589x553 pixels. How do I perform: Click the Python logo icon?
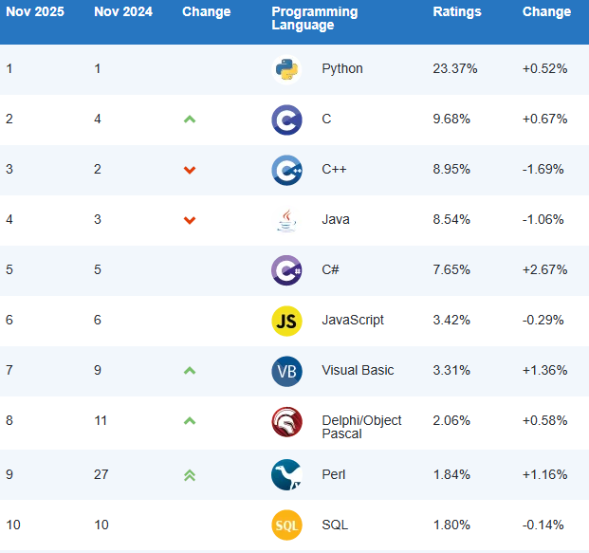point(286,69)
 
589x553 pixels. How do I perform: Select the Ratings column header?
point(457,12)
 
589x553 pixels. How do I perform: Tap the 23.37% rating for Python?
point(455,69)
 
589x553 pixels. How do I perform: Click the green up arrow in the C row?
point(190,120)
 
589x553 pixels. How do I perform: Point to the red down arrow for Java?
point(190,220)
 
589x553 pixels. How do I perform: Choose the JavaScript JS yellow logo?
point(286,321)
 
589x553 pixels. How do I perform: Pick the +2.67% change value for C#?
point(544,269)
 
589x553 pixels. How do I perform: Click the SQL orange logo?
point(286,525)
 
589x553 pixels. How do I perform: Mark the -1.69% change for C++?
point(543,170)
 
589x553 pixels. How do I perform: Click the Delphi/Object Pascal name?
point(361,427)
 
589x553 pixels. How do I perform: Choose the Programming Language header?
point(315,19)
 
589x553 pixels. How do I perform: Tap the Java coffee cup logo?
point(286,220)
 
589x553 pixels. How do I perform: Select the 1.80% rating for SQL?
point(451,525)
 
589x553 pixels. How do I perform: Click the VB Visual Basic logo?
point(286,371)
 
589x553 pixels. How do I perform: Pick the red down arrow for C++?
point(190,170)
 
